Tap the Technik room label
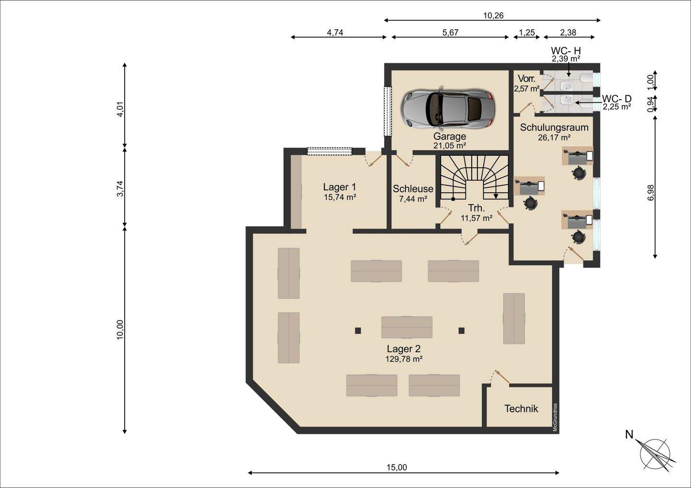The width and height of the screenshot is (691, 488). pyautogui.click(x=521, y=409)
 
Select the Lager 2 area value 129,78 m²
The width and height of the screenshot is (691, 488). pyautogui.click(x=404, y=359)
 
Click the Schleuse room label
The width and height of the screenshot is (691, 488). pyautogui.click(x=413, y=188)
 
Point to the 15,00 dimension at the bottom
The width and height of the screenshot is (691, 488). pyautogui.click(x=397, y=467)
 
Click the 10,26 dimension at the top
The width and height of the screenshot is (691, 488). pyautogui.click(x=493, y=15)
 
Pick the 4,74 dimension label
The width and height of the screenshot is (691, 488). pyautogui.click(x=335, y=32)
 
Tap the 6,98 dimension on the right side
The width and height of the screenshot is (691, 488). pyautogui.click(x=650, y=193)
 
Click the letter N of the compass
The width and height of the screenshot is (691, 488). pyautogui.click(x=629, y=434)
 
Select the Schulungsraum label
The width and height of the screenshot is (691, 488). pyautogui.click(x=554, y=127)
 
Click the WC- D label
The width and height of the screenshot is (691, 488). pyautogui.click(x=617, y=99)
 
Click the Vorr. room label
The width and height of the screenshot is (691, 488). pyautogui.click(x=526, y=78)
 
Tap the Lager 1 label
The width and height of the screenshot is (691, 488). pyautogui.click(x=340, y=187)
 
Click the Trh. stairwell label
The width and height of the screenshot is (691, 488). pyautogui.click(x=477, y=208)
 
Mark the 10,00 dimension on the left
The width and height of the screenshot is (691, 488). pyautogui.click(x=120, y=330)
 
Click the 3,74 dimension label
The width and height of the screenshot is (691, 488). pyautogui.click(x=120, y=188)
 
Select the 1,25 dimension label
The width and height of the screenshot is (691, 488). pyautogui.click(x=527, y=32)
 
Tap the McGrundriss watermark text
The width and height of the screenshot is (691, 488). pyautogui.click(x=555, y=417)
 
